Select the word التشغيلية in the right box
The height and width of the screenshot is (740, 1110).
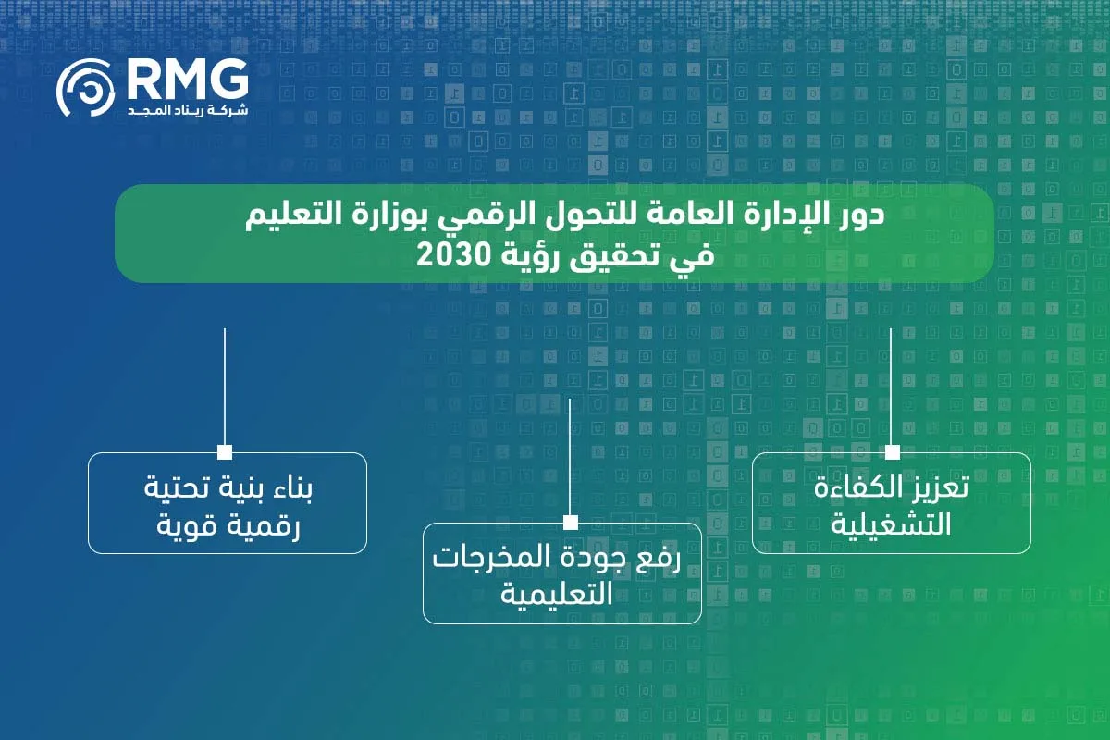click(x=892, y=524)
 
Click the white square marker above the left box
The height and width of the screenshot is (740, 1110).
click(x=225, y=452)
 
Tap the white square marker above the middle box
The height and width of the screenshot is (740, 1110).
click(x=570, y=523)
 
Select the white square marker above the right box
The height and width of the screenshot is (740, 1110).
click(x=892, y=452)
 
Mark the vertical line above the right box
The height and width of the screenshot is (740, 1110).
click(x=892, y=384)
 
